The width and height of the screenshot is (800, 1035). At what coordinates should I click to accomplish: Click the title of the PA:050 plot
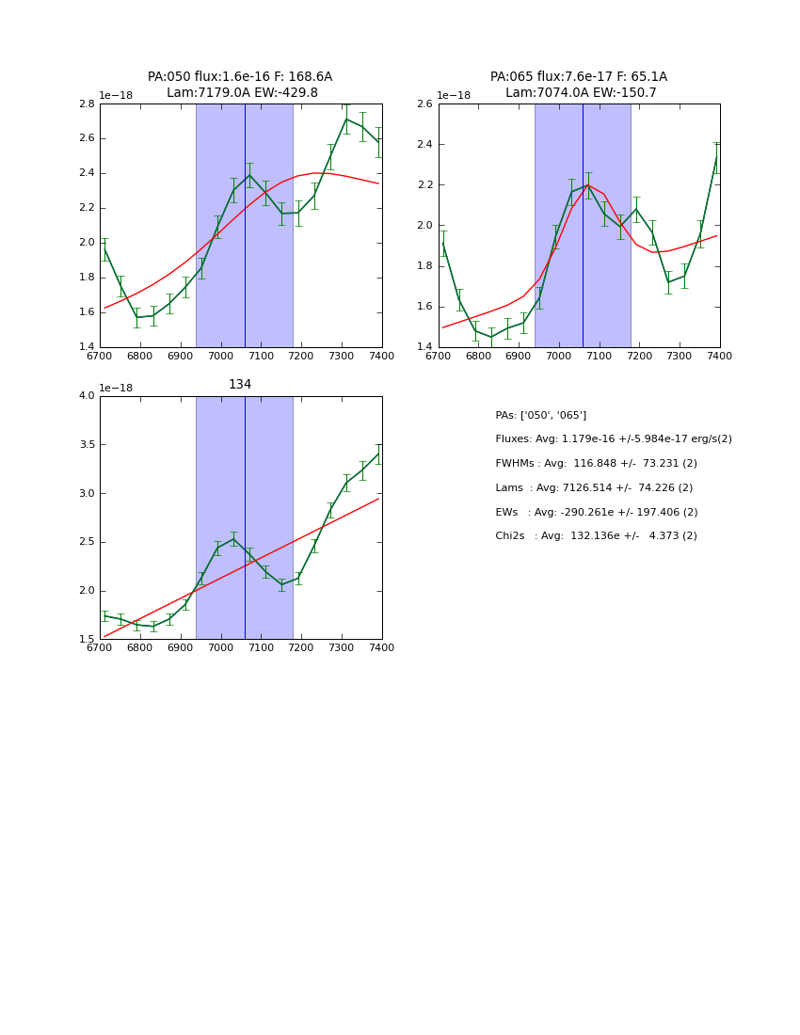click(x=240, y=85)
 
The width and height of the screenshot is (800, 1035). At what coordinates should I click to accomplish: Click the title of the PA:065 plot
click(x=579, y=85)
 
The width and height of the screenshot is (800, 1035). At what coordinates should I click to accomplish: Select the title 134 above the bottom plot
click(x=240, y=385)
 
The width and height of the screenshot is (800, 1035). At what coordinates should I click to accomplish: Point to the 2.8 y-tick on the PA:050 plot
click(x=86, y=103)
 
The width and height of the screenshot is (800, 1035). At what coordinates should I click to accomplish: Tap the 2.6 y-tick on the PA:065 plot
click(x=424, y=103)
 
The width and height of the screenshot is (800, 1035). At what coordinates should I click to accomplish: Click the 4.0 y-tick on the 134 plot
click(x=86, y=395)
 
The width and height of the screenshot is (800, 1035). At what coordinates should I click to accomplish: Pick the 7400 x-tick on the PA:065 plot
click(x=719, y=356)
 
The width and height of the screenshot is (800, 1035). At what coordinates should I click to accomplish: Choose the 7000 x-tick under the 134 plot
click(x=220, y=647)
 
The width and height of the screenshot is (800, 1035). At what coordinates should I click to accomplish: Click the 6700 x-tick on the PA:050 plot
click(x=100, y=356)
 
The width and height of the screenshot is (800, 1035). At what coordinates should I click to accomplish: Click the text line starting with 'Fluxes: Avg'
click(x=613, y=439)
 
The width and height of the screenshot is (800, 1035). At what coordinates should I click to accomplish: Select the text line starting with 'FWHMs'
click(x=596, y=464)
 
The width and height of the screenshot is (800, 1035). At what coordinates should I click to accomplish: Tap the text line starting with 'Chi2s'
click(x=596, y=536)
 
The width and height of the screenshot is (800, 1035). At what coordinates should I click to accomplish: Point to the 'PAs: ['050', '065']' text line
click(x=540, y=415)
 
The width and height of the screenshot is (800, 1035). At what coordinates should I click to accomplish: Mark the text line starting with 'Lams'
click(x=594, y=488)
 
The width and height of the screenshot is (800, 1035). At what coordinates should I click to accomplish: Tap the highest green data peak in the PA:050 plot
click(x=346, y=119)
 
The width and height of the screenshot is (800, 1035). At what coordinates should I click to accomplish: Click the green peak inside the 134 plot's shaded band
click(x=233, y=539)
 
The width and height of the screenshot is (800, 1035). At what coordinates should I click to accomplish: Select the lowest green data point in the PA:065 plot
click(x=491, y=337)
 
